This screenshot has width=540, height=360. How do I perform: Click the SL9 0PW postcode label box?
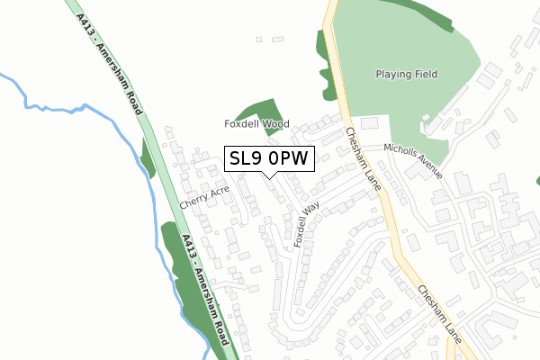tap(269, 158)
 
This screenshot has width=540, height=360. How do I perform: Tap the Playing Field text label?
tap(405, 75)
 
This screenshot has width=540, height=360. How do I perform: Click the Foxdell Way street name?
tap(306, 225)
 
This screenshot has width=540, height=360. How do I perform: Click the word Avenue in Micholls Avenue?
tap(427, 166)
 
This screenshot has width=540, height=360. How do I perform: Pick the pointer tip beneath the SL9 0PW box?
tap(269, 176)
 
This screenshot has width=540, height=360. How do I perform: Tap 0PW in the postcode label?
tap(288, 158)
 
